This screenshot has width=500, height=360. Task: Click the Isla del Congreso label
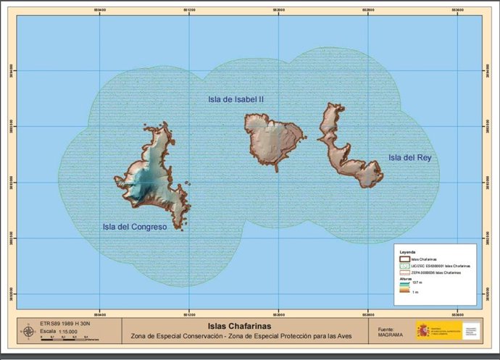[x=134, y=227]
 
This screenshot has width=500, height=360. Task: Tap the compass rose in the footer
[x=28, y=332]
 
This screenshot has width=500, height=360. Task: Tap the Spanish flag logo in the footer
[x=422, y=330]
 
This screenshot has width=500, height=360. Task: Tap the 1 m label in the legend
[x=416, y=292]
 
